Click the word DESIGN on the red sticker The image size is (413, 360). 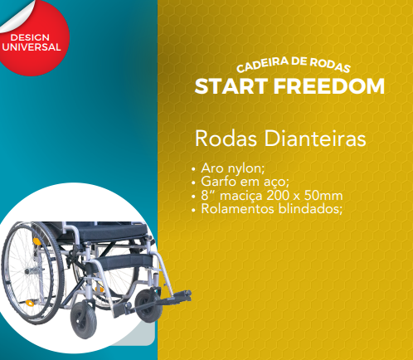click(30, 37)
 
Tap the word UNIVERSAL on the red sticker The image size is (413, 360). click(32, 47)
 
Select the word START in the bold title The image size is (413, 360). click(231, 86)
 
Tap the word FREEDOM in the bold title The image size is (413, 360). click(329, 86)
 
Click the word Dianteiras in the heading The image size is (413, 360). click(315, 139)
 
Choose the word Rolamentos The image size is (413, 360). click(238, 209)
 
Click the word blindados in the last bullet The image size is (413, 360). click(310, 209)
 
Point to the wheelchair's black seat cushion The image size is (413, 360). click(109, 230)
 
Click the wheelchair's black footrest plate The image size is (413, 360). click(177, 295)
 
